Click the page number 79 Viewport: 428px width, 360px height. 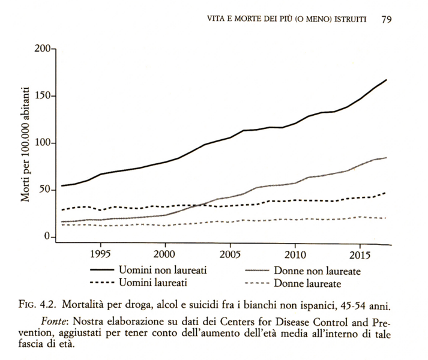(x=387, y=19)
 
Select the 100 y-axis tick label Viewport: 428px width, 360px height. (x=43, y=143)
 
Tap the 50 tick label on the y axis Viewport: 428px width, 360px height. (x=46, y=190)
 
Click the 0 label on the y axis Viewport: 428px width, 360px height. (x=49, y=237)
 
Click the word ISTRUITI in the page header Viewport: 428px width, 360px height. (x=356, y=19)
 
